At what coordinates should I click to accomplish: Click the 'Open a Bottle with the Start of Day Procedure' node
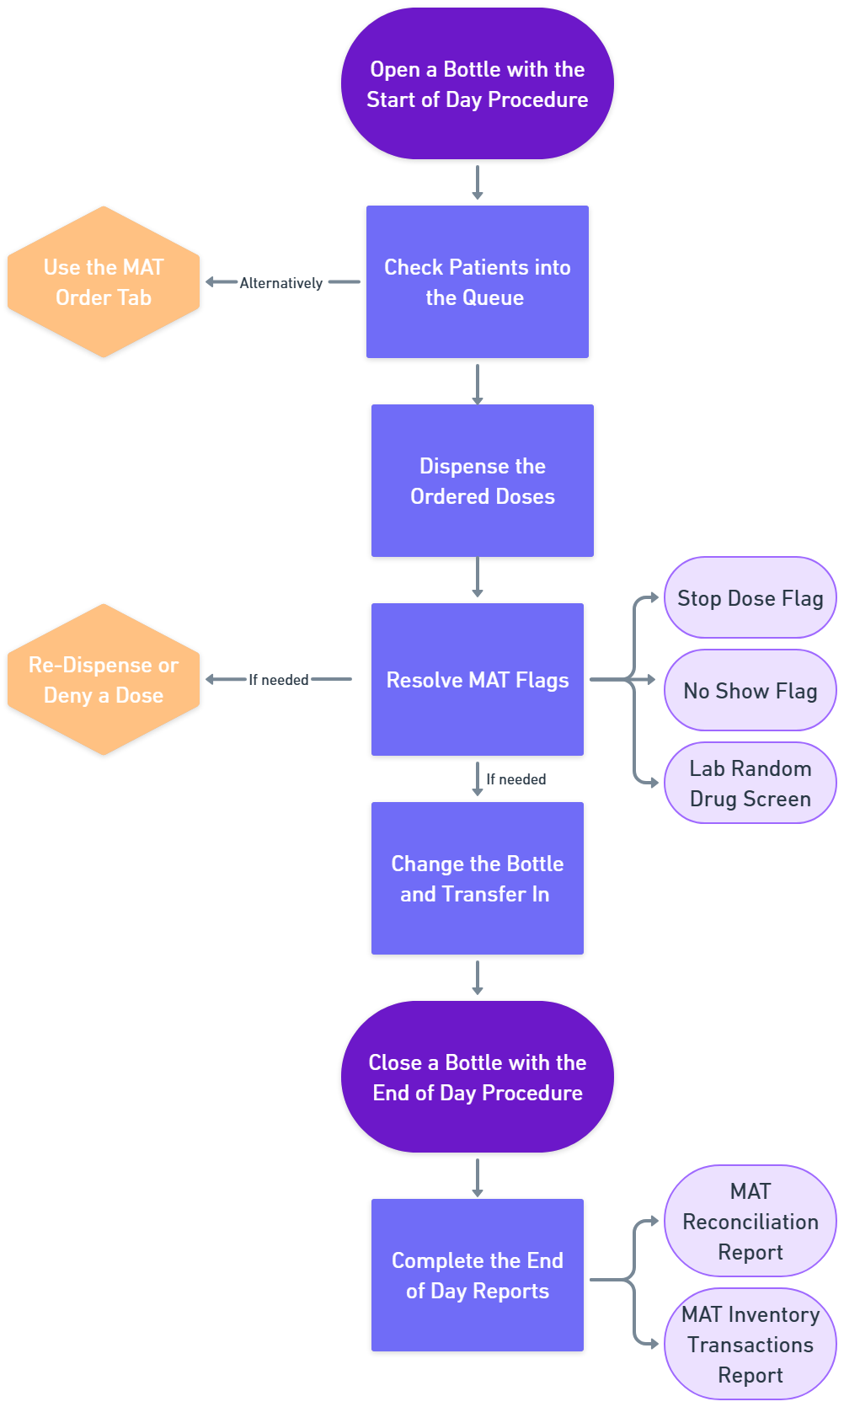[477, 83]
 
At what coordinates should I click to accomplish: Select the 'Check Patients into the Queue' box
[477, 281]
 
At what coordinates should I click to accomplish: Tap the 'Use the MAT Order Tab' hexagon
[104, 281]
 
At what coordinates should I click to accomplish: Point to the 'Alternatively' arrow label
[281, 283]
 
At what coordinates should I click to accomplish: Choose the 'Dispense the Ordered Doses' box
[482, 480]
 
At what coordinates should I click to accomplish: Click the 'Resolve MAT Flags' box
[477, 679]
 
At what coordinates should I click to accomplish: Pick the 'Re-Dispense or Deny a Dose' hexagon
[104, 679]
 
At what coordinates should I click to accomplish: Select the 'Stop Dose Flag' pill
[750, 597]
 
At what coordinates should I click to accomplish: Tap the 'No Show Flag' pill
[750, 690]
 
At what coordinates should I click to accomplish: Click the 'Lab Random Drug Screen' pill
[750, 783]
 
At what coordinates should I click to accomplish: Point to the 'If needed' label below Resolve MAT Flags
[515, 779]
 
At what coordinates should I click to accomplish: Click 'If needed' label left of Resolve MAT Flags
[279, 680]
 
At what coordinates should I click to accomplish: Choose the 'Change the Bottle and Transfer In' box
[477, 878]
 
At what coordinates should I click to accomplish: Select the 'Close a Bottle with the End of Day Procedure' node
[477, 1077]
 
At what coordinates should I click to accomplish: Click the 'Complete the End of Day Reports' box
[477, 1275]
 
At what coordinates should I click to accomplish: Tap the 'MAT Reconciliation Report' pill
[750, 1221]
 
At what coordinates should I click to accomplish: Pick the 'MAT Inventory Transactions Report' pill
[750, 1344]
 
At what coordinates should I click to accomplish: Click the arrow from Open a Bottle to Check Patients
[478, 182]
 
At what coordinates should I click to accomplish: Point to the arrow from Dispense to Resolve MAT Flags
[478, 578]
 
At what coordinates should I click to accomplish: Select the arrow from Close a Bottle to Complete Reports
[478, 1177]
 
